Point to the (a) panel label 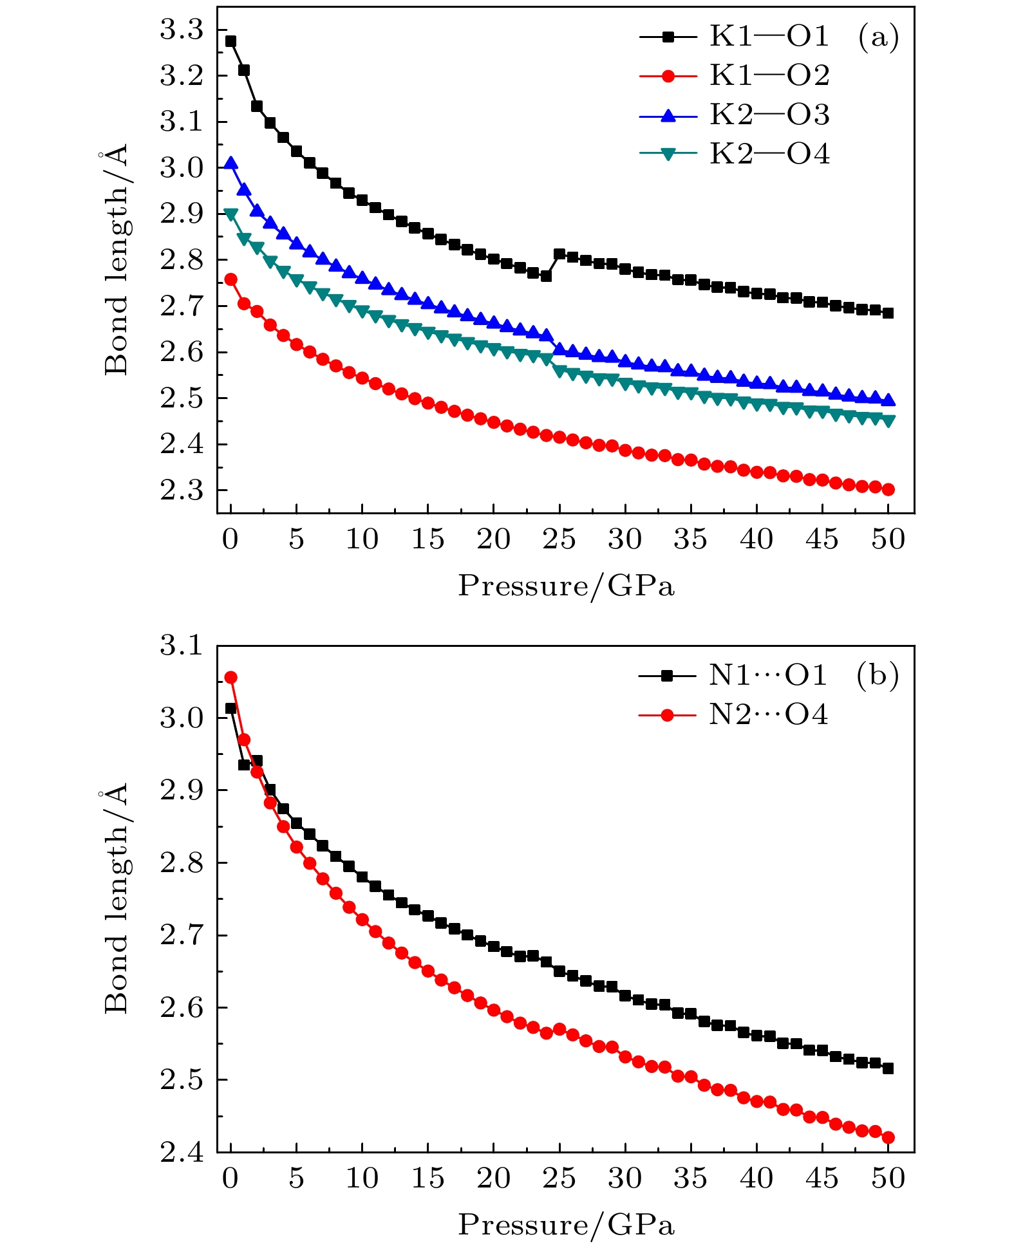[x=878, y=37]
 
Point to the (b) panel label [x=878, y=676]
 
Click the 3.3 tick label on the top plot [x=181, y=30]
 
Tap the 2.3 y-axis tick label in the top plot [x=181, y=491]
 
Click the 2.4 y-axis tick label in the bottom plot [x=181, y=1153]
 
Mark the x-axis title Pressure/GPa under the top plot [x=566, y=586]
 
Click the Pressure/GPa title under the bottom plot [x=566, y=1225]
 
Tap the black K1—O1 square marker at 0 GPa [x=230, y=41]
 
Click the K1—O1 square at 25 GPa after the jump [x=559, y=254]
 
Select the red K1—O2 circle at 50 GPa [x=888, y=489]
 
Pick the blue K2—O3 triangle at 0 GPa [x=230, y=163]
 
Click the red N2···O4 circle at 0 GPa [x=230, y=677]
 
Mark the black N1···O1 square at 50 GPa [x=888, y=1068]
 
